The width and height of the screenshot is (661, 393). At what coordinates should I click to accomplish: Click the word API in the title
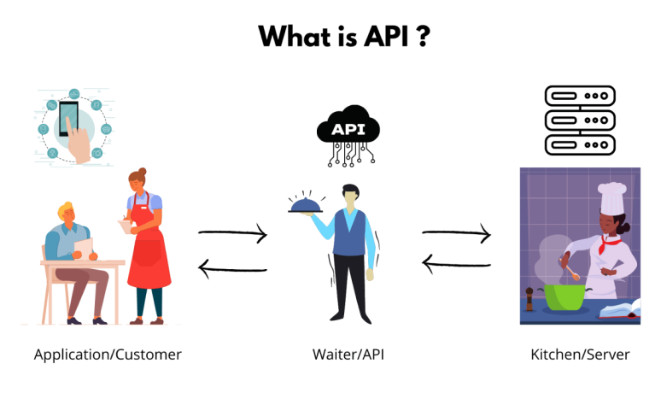(386, 36)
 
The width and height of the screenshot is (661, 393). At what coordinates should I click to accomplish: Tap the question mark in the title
(423, 36)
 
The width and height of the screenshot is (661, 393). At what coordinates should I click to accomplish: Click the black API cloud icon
(348, 135)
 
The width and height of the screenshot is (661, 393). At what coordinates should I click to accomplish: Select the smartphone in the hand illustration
(68, 118)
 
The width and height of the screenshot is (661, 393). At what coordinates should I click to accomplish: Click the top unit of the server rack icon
(580, 96)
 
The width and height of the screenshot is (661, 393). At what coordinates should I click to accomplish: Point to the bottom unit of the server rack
(580, 145)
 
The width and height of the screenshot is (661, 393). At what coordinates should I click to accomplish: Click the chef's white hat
(611, 197)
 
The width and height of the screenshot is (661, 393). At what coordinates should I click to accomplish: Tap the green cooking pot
(564, 296)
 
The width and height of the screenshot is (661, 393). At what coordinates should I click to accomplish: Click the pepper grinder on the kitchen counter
(529, 299)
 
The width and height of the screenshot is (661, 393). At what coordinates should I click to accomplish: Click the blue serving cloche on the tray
(305, 205)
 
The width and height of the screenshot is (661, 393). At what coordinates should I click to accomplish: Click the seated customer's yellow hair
(66, 208)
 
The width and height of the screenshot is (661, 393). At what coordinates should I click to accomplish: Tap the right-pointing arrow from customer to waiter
(232, 233)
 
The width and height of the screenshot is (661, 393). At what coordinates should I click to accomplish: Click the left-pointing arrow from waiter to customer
(232, 269)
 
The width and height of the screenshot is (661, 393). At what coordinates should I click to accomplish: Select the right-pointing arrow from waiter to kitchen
(457, 233)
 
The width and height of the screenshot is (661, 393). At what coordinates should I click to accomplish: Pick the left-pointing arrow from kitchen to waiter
(457, 264)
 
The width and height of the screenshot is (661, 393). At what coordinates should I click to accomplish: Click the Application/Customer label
(108, 355)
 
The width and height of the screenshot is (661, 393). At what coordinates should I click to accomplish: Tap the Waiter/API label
(348, 355)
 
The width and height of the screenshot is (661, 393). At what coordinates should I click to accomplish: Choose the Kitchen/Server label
(580, 355)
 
